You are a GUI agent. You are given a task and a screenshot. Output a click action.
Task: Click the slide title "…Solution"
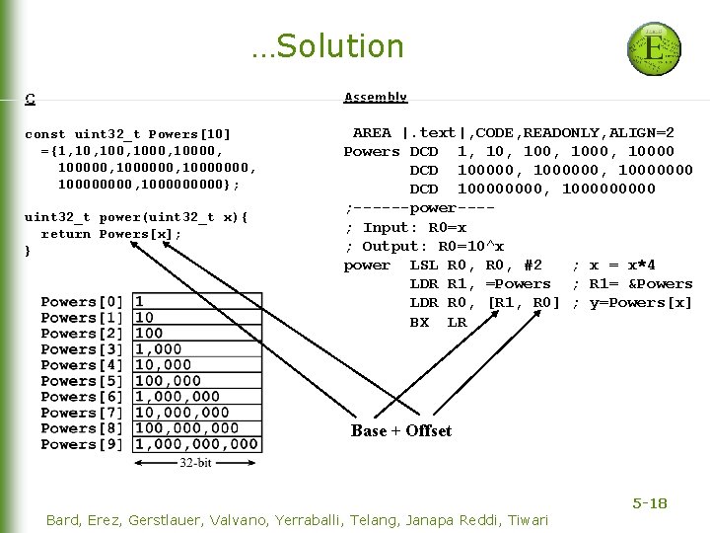(x=327, y=46)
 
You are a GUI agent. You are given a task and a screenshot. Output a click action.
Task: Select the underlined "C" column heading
(x=31, y=98)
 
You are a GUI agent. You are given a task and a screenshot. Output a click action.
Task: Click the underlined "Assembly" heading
(x=376, y=97)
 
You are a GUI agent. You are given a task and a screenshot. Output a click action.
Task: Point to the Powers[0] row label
(x=83, y=302)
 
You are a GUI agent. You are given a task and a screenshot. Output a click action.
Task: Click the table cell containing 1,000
(x=159, y=349)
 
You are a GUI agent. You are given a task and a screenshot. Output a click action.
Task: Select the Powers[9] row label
(x=83, y=444)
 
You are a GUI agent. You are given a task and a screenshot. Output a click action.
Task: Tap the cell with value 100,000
(x=168, y=381)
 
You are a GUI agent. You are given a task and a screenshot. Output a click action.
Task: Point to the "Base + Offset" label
(x=401, y=430)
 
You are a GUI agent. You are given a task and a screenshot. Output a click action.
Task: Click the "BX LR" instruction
(x=438, y=322)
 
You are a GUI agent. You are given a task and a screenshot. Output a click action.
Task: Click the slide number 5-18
(x=649, y=503)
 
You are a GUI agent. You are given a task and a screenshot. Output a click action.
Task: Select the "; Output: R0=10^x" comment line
(x=424, y=246)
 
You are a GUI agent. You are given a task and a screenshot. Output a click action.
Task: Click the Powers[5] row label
(x=83, y=381)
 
